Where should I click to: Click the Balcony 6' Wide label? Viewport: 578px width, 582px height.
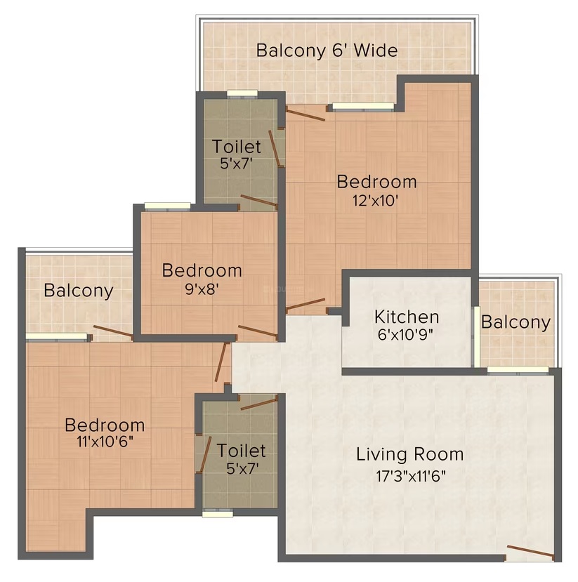click(x=327, y=51)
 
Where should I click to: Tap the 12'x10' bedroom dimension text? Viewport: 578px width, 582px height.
click(x=375, y=201)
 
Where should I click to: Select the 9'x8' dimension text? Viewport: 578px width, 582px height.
click(x=202, y=289)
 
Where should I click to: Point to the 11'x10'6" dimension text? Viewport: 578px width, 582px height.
click(x=105, y=442)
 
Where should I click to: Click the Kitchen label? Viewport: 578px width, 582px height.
click(x=407, y=317)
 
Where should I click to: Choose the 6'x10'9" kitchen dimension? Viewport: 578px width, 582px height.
click(x=405, y=335)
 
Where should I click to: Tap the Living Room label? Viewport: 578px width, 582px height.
click(x=410, y=454)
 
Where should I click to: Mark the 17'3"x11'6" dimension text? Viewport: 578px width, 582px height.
click(x=411, y=476)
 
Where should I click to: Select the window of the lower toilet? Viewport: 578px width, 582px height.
click(x=218, y=514)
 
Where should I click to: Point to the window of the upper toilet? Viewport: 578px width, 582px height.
click(x=242, y=93)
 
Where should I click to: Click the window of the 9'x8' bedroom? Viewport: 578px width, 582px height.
click(x=167, y=206)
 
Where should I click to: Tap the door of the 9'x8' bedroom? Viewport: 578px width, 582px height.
click(x=258, y=331)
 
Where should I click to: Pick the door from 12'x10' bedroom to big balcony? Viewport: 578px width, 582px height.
click(x=306, y=114)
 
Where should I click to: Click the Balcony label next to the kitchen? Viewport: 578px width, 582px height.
click(x=516, y=322)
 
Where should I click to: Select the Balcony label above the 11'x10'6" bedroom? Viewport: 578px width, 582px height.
click(x=79, y=291)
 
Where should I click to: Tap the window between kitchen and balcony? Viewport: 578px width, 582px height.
click(x=476, y=337)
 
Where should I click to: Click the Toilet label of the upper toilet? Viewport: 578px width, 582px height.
click(x=237, y=147)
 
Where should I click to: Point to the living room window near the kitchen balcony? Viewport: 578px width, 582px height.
click(x=518, y=370)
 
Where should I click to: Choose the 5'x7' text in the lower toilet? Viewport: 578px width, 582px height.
click(x=242, y=468)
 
